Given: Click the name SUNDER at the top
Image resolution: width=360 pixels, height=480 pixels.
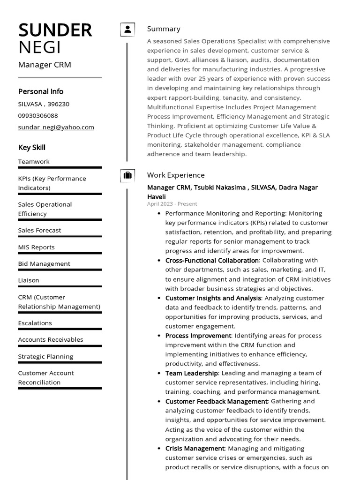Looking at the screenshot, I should click(55, 30).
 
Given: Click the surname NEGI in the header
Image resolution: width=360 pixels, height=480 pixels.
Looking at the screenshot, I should click(39, 48).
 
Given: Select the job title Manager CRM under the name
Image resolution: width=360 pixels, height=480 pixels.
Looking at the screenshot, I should click(45, 65).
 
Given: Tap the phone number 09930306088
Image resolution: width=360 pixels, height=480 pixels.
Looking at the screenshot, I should click(38, 115).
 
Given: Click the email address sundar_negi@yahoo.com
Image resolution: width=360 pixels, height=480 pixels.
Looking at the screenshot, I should click(56, 127).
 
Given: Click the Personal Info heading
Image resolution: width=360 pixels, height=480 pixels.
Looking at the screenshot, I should click(40, 91).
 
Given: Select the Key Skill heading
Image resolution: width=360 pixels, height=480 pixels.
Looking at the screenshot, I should click(31, 148).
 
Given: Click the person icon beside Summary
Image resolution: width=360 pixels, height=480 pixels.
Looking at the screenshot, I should click(127, 30).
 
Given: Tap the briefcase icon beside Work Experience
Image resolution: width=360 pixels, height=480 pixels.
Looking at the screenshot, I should click(127, 175).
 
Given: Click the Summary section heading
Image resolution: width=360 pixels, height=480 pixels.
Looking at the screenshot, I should click(164, 29).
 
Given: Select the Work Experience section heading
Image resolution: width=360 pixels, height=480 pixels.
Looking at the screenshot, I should click(176, 175).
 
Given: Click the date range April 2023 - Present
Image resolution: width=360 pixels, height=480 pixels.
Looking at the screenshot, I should click(172, 204).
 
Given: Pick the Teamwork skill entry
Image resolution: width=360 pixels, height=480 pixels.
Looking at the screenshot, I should click(34, 162).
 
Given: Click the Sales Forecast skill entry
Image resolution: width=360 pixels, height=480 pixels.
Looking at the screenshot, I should click(39, 230).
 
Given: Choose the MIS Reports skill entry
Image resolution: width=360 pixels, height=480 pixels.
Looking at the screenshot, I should click(36, 247).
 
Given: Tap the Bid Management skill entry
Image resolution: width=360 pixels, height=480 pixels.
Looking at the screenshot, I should click(44, 264).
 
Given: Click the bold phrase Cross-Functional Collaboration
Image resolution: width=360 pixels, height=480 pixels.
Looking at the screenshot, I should click(212, 260).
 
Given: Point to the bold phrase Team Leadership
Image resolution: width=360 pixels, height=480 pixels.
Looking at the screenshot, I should click(191, 373).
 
